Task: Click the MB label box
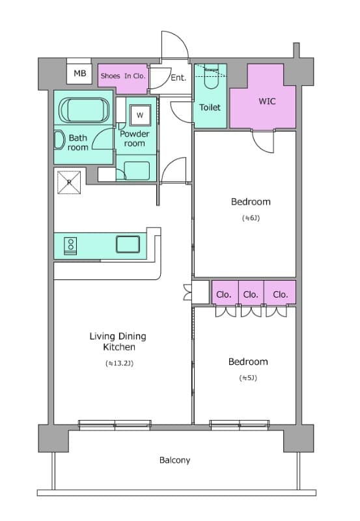(x=79, y=74)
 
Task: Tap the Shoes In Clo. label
(x=123, y=76)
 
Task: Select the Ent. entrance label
(x=178, y=77)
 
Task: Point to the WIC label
(x=267, y=101)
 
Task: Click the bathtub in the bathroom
(x=84, y=111)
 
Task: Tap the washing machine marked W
(x=140, y=115)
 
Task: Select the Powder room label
(x=134, y=139)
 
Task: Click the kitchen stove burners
(x=71, y=246)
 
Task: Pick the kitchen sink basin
(x=128, y=244)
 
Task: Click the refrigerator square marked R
(x=69, y=182)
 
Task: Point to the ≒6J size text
(x=251, y=218)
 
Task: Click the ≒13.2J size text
(x=119, y=363)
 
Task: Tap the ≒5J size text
(x=248, y=378)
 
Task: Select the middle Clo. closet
(x=251, y=292)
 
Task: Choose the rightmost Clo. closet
(x=280, y=292)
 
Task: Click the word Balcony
(x=174, y=460)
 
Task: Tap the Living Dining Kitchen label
(x=118, y=341)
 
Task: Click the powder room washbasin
(x=137, y=171)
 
